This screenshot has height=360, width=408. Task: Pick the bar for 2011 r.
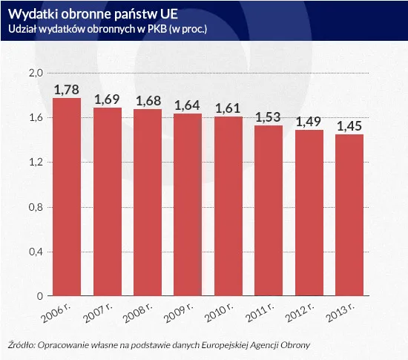coord(268,211)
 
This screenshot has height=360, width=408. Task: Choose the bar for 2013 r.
coord(349,215)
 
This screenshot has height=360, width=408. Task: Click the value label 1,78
coord(67,90)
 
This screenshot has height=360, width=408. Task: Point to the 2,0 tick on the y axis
coord(35,73)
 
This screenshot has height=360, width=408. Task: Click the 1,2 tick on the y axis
coord(35,163)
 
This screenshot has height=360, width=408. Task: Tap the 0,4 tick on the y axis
coord(35,252)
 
